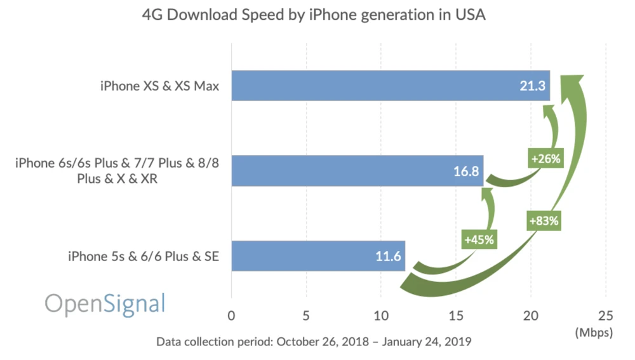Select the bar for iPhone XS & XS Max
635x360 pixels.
point(381,86)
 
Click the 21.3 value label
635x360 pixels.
point(533,86)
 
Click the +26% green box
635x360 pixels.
point(545,159)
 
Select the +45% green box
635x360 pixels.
point(479,240)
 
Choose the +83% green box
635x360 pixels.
point(543,221)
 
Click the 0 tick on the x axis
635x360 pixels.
point(231,316)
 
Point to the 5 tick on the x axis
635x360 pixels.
point(306,316)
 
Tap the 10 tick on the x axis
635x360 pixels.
point(381,316)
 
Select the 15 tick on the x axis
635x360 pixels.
point(456,316)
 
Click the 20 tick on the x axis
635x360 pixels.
point(531,316)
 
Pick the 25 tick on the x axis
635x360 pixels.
point(606,316)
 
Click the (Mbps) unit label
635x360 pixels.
point(594,332)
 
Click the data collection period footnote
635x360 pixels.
point(314,342)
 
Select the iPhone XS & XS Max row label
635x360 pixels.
point(159,86)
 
